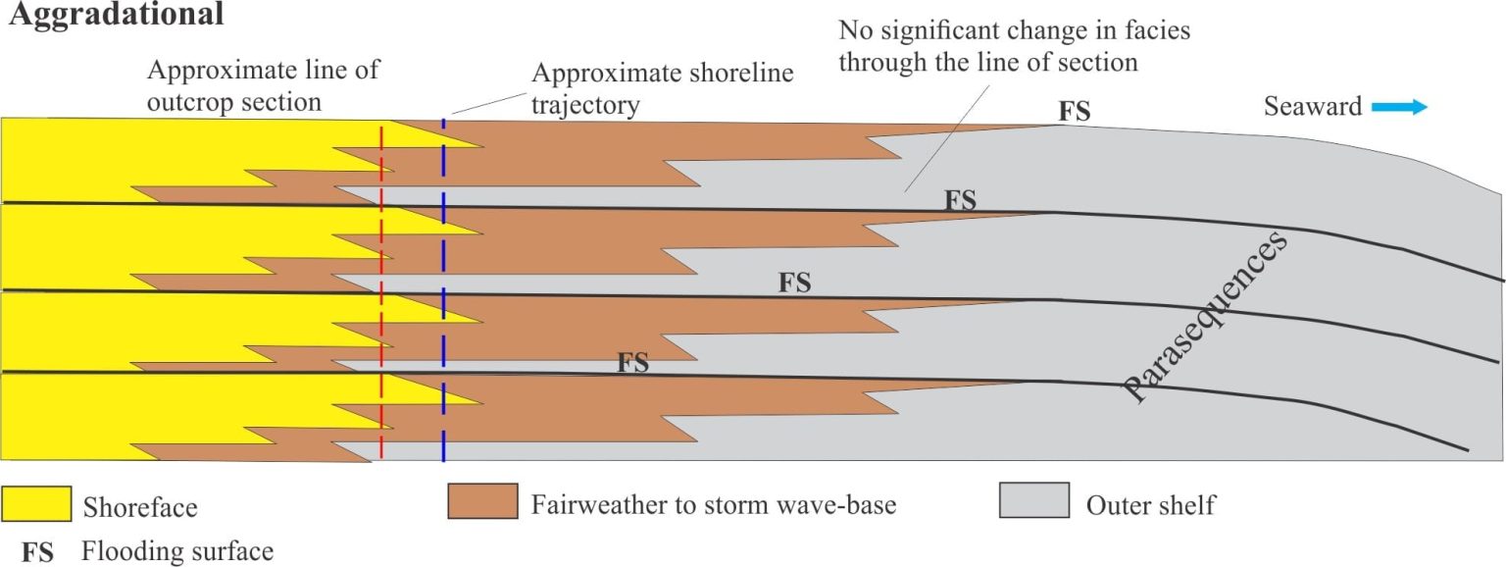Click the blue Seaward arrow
[1399, 107]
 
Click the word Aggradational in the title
[116, 15]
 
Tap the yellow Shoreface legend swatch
[36, 504]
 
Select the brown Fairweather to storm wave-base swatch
[482, 501]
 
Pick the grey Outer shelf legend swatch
[1034, 500]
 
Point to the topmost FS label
[1075, 112]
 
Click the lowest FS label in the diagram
[633, 363]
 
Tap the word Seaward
[1313, 106]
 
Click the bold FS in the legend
[37, 552]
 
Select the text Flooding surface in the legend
[177, 551]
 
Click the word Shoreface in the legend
[140, 507]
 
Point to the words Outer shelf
[1151, 505]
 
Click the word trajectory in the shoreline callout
[585, 106]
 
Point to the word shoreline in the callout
[736, 73]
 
